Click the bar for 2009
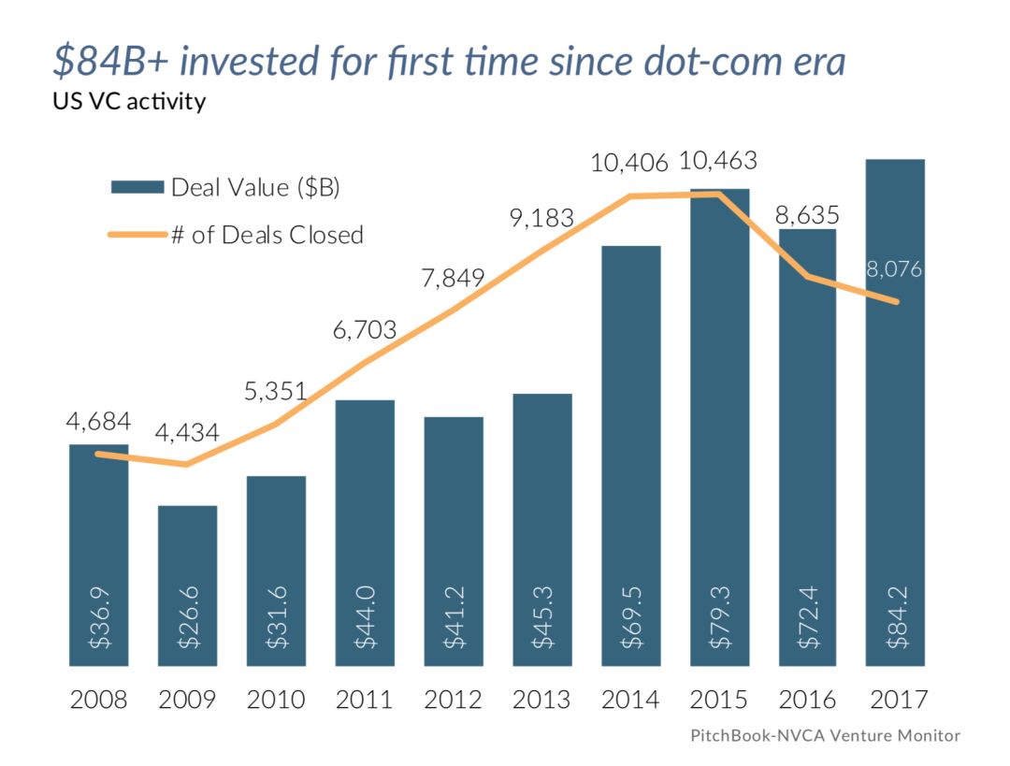click(187, 585)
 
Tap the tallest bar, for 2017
click(895, 412)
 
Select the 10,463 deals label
click(719, 160)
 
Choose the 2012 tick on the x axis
click(454, 701)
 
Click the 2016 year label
click(808, 701)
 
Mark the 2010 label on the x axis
click(276, 701)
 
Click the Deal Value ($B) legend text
click(254, 187)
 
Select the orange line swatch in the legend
click(137, 234)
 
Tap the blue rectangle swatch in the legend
click(137, 187)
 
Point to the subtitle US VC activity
click(129, 101)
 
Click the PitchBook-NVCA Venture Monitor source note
click(825, 735)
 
